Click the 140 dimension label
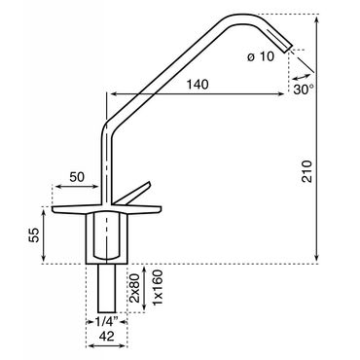click(x=198, y=85)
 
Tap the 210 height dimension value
click(x=306, y=171)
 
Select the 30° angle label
click(x=304, y=90)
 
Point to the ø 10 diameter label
click(x=261, y=56)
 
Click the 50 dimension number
click(x=77, y=177)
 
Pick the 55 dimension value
click(x=34, y=234)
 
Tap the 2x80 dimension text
click(x=134, y=288)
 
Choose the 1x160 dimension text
click(x=158, y=287)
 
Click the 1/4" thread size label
click(x=106, y=322)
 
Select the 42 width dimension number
click(x=106, y=337)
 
